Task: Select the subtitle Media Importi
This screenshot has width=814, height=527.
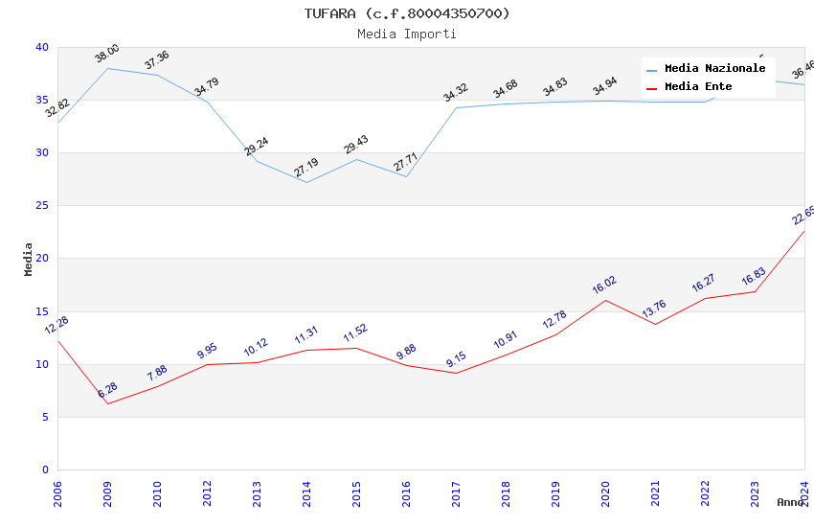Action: (x=407, y=34)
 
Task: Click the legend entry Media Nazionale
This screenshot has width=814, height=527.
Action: (x=714, y=69)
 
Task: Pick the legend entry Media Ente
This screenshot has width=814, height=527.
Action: (x=698, y=87)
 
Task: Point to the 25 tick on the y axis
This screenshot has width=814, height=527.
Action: (x=41, y=206)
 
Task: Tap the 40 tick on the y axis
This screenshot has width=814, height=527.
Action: (x=41, y=47)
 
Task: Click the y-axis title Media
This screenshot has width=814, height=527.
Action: (x=29, y=259)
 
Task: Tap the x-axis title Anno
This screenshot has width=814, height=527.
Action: (x=790, y=502)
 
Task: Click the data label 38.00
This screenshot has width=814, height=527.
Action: (x=107, y=54)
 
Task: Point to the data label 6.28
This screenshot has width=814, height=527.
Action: (x=107, y=390)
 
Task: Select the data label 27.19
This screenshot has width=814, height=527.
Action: (x=306, y=168)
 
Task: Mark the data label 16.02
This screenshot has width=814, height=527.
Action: (x=604, y=285)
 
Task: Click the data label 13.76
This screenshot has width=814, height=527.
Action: (x=654, y=309)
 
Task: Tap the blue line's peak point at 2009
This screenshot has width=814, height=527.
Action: (x=107, y=68)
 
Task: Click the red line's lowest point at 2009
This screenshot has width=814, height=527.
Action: (x=107, y=403)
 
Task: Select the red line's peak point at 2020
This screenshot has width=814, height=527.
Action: (x=605, y=300)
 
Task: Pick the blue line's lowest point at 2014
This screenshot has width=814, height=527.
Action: (x=306, y=182)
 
